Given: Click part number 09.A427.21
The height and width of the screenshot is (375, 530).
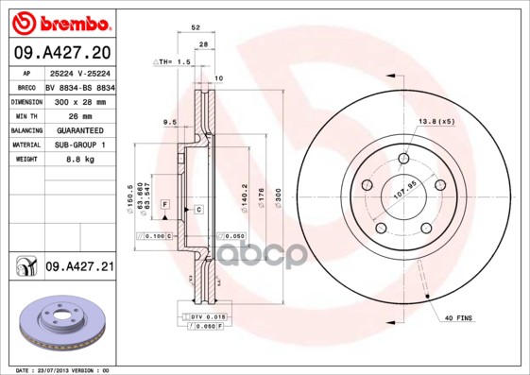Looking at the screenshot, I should point(79,268).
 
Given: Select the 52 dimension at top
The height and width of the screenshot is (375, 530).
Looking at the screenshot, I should point(195,29).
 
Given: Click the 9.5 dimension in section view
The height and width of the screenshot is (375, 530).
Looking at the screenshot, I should point(169,122).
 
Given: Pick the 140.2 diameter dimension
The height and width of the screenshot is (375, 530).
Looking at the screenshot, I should point(246,194).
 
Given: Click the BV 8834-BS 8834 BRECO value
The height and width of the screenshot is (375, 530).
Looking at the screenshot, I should point(80,86).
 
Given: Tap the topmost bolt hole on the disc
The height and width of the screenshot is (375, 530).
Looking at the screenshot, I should point(403,158).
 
